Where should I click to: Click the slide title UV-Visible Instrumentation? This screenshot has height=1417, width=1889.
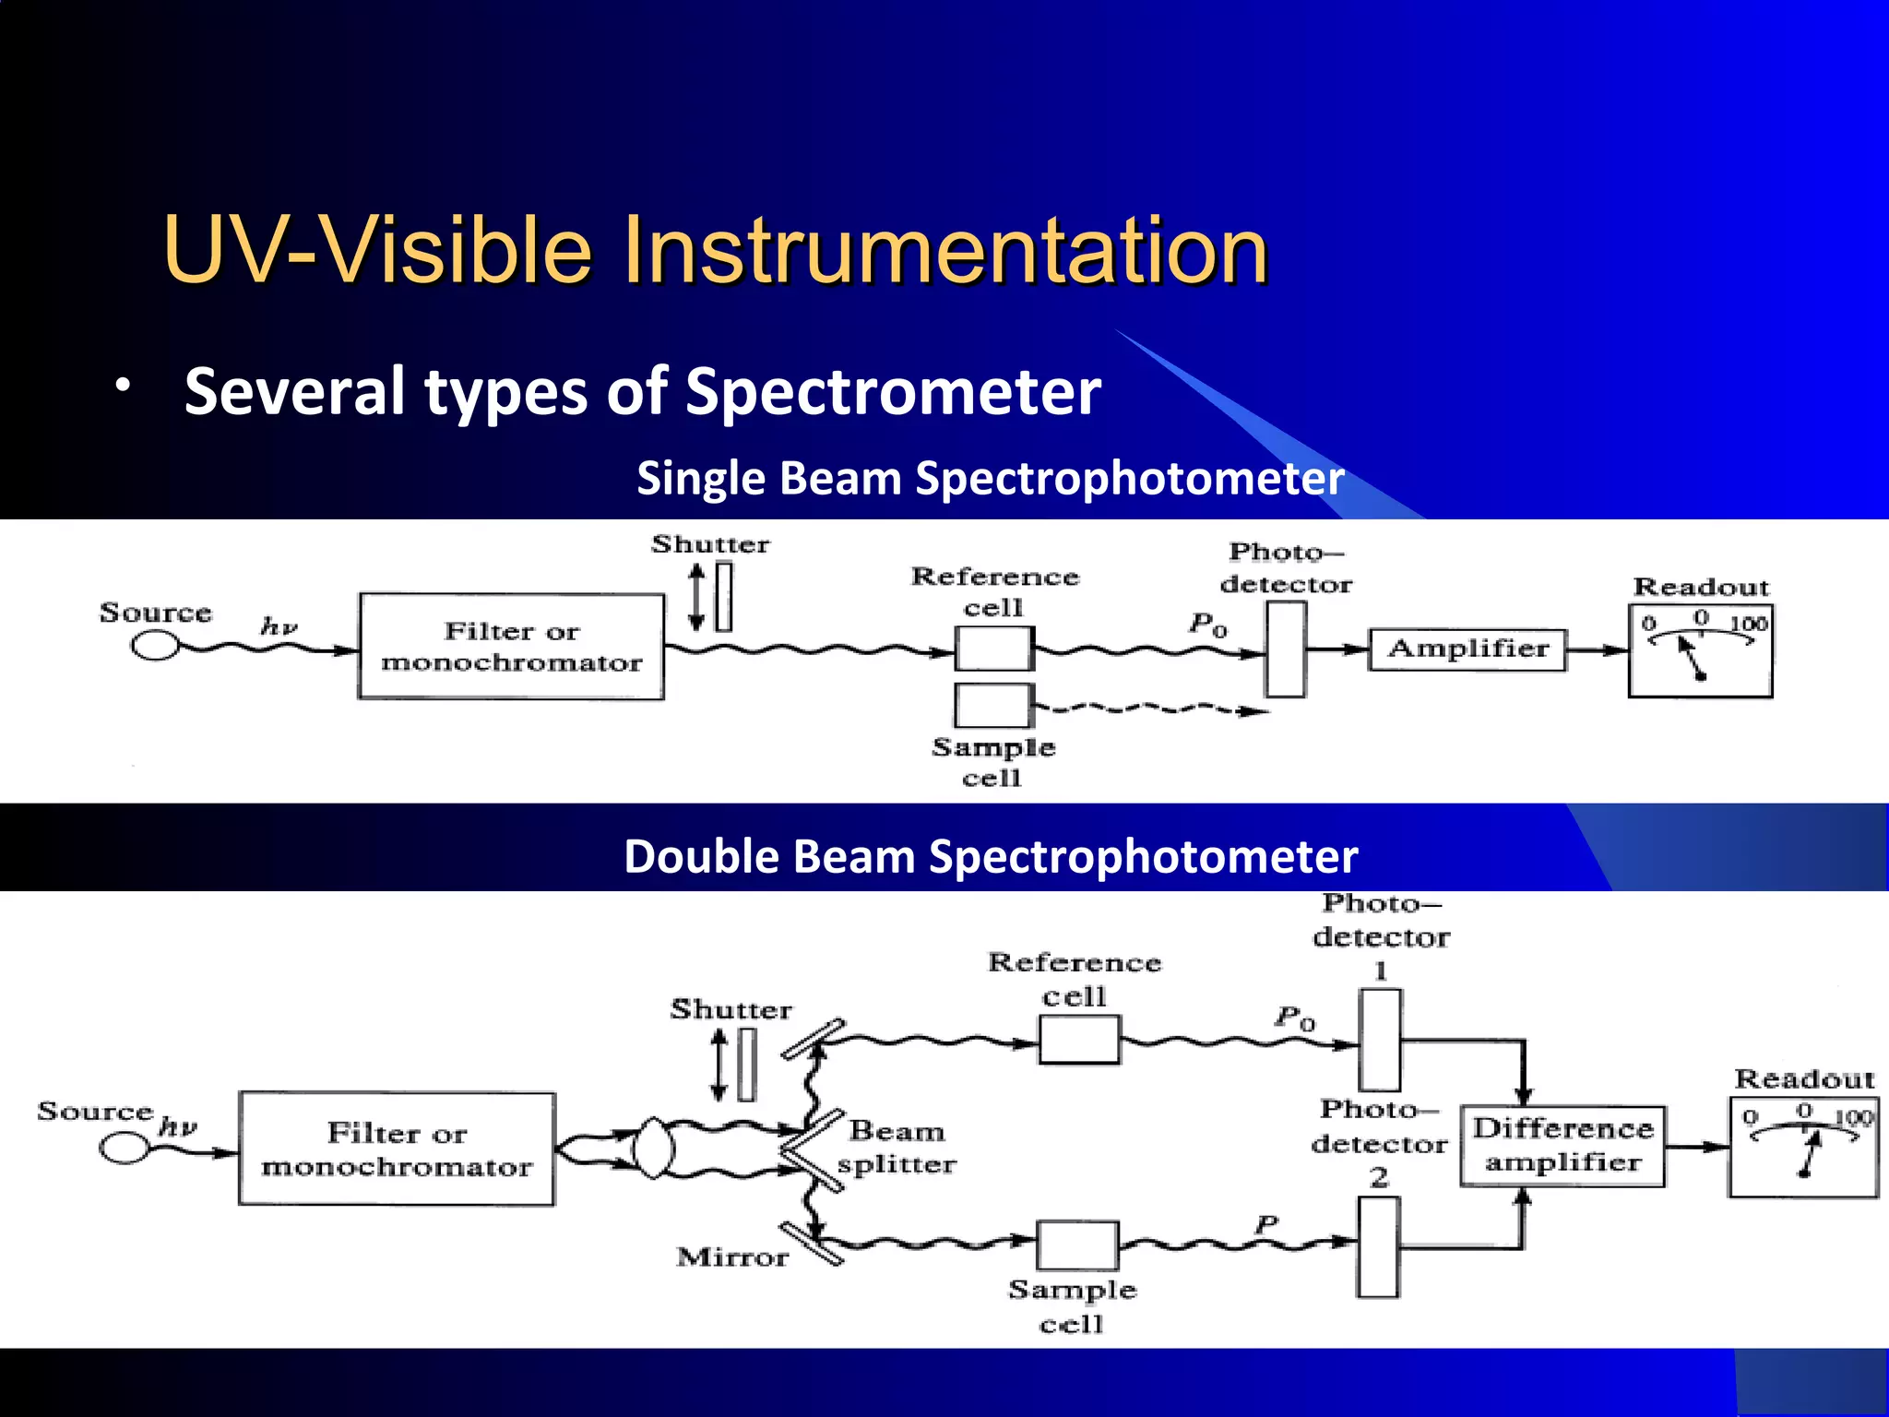click(x=715, y=250)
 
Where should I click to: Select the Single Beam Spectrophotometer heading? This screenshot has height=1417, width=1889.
click(x=990, y=479)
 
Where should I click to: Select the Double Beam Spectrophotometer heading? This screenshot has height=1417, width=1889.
click(x=990, y=856)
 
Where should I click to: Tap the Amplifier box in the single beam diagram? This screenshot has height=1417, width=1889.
click(x=1467, y=649)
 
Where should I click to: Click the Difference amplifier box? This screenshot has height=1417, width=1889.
click(x=1562, y=1146)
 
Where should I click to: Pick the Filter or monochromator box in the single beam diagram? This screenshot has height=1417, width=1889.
click(x=511, y=647)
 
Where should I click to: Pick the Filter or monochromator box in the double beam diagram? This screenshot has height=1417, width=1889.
click(x=397, y=1149)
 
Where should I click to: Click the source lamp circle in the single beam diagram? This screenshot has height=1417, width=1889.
click(x=155, y=647)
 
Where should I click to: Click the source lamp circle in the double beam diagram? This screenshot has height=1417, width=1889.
click(x=124, y=1149)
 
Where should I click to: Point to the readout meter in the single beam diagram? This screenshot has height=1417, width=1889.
click(x=1700, y=650)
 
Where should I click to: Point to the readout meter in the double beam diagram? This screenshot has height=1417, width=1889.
click(x=1803, y=1148)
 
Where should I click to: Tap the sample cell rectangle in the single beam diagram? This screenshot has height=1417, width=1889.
click(x=992, y=706)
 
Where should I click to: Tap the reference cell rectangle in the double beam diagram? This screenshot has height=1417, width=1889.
click(x=1078, y=1041)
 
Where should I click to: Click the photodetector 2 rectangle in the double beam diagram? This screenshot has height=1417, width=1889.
click(x=1379, y=1247)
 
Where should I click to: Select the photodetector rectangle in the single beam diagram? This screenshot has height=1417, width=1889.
click(x=1285, y=649)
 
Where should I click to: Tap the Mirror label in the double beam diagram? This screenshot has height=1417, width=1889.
click(x=732, y=1257)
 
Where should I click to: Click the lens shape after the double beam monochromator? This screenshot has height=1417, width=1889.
click(x=653, y=1149)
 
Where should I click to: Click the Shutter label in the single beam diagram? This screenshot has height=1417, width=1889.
click(x=710, y=544)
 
